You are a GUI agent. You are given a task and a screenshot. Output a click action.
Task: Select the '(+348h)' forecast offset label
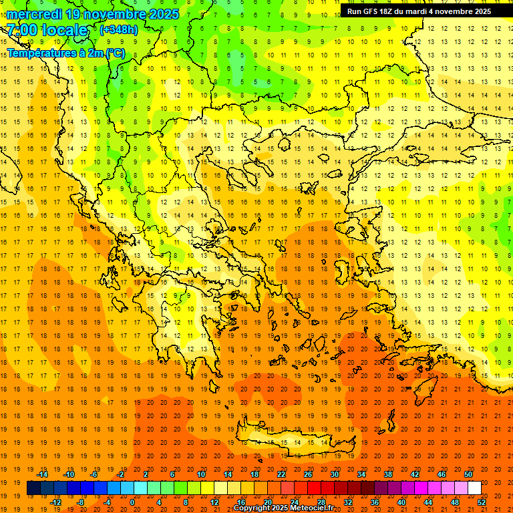119,30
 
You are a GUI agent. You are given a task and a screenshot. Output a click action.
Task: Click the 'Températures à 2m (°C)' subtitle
65,53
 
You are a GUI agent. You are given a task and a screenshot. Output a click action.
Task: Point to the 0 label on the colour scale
132,502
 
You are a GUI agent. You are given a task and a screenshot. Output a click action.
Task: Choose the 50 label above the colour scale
468,474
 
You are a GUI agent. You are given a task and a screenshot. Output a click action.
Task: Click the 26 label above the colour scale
308,474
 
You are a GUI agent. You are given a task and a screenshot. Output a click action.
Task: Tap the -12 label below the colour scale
56,502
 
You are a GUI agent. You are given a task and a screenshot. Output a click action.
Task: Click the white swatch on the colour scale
474,488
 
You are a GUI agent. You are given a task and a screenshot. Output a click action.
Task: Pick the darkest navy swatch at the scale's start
33,488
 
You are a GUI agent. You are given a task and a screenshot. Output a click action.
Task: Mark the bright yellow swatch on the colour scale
207,488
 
